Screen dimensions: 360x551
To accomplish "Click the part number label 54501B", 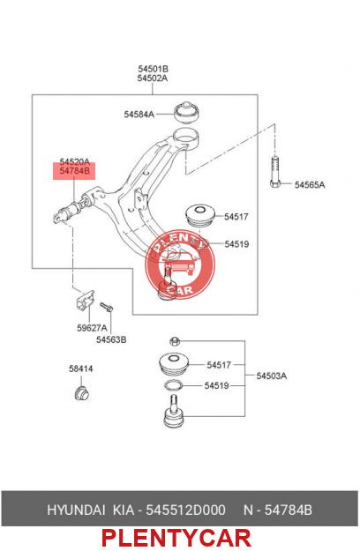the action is (x=153, y=69).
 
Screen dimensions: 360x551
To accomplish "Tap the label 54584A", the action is (x=139, y=115).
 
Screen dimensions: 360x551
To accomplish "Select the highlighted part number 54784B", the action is (x=74, y=171).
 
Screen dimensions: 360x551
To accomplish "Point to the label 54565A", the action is (x=310, y=185).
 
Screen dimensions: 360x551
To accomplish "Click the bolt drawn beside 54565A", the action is (x=275, y=172).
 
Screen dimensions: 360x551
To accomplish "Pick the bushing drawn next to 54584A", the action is (x=187, y=113).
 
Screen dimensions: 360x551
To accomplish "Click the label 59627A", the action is (x=92, y=328).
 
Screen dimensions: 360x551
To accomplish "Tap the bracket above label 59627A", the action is (x=86, y=300).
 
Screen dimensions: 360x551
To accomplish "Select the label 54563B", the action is (x=111, y=339).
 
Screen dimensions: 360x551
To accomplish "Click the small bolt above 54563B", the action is (x=106, y=307).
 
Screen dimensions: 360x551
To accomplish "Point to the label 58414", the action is (x=81, y=369).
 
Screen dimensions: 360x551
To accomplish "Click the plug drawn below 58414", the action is (x=82, y=393).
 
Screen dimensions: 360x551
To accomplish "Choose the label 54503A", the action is (x=272, y=376).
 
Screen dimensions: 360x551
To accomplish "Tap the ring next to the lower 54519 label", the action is (x=173, y=385).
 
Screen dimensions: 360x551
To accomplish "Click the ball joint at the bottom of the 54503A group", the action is (x=174, y=412).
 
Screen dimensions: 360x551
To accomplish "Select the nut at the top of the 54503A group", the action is (x=175, y=341).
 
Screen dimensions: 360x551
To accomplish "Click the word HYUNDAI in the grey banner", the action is (x=76, y=510).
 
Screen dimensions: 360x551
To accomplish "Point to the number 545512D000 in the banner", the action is (x=185, y=510).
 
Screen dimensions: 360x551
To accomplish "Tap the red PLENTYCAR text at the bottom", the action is (x=176, y=538).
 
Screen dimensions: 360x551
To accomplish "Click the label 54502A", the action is (x=153, y=78).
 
